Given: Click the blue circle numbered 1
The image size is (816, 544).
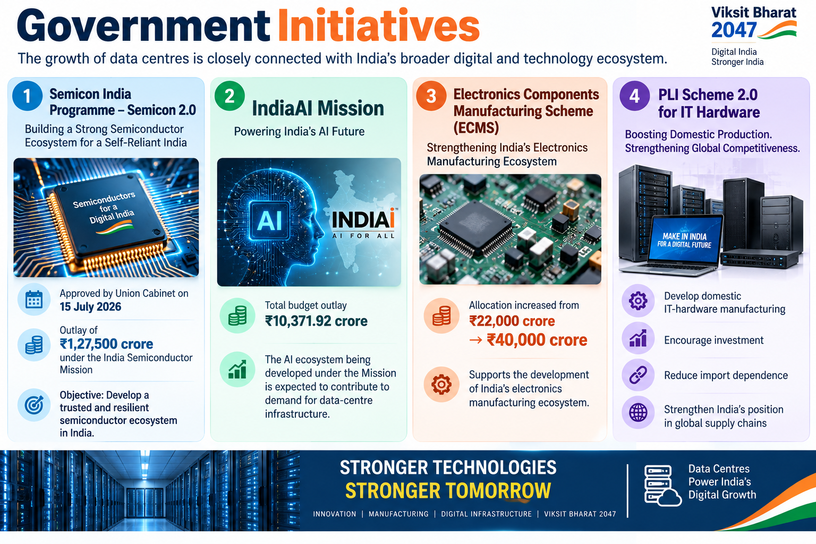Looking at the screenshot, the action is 27,96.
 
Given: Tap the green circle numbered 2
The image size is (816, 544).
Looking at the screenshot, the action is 229,96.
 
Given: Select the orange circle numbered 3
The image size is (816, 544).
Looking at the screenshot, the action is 431,96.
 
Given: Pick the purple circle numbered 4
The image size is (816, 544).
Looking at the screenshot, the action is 635,96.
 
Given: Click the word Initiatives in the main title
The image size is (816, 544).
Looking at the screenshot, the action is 378,26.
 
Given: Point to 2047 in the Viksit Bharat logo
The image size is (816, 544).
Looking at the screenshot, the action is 734,30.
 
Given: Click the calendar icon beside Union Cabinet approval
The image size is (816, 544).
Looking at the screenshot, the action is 34,300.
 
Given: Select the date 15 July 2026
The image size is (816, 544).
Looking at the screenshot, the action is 90,307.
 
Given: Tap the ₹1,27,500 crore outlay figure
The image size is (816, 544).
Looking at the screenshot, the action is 106,344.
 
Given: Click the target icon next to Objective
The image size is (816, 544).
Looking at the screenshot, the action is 34,405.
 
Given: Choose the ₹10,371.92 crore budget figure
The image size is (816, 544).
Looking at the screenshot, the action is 316,321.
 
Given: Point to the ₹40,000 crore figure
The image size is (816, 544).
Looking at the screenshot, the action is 537,340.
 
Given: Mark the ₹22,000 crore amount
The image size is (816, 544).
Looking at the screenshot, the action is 512,321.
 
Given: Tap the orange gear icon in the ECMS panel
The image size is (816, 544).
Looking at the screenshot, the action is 441,385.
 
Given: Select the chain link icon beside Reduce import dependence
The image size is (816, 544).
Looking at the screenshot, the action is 638,375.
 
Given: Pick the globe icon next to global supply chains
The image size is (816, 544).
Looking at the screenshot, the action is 638,412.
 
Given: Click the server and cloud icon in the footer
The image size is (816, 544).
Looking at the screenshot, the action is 662,486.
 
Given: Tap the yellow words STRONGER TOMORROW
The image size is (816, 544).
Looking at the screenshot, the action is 448,490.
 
